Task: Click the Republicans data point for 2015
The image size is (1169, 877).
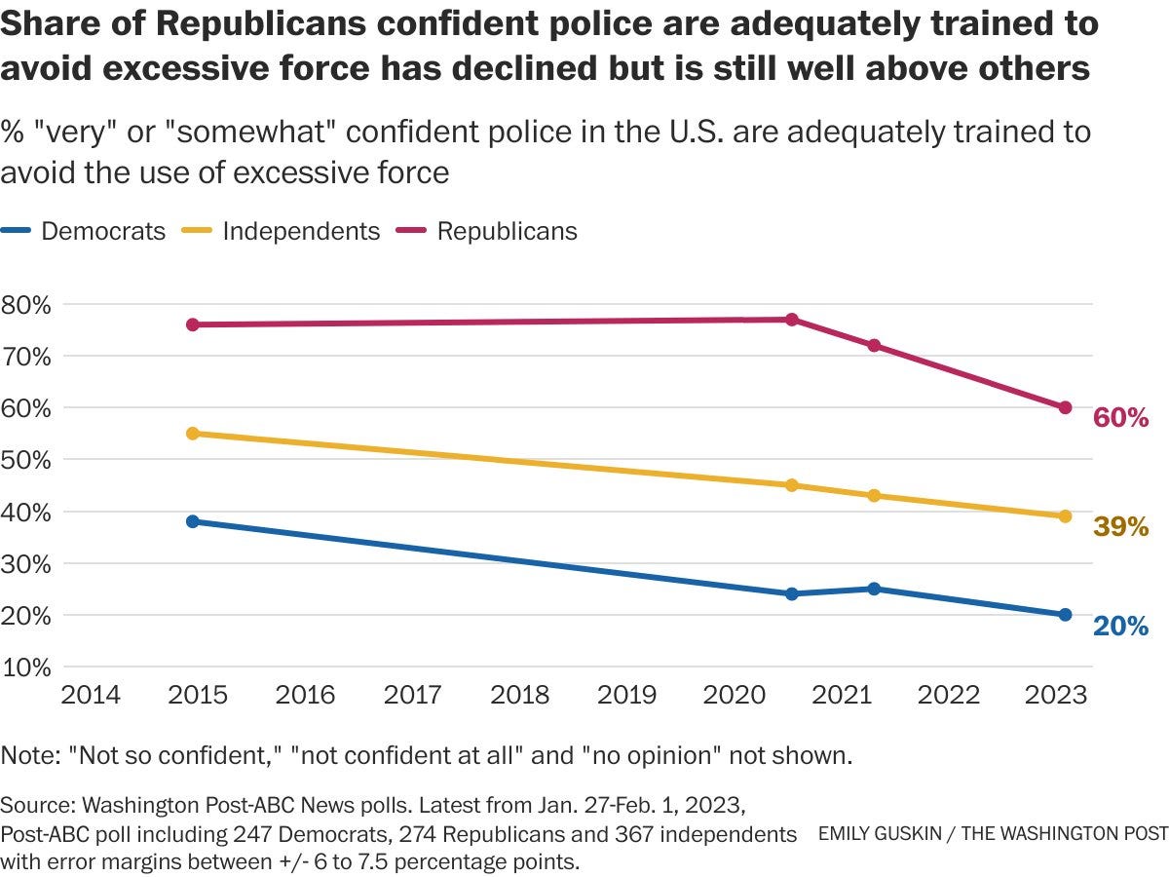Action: coord(193,324)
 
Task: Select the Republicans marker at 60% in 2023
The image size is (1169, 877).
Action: coord(1065,407)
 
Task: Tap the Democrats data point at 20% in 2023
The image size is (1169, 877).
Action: coord(1065,615)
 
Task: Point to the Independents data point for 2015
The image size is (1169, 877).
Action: coord(193,434)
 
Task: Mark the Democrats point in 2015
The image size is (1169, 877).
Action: coord(193,521)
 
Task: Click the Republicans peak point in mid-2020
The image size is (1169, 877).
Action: coord(792,320)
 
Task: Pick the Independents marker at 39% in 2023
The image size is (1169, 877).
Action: coord(1065,516)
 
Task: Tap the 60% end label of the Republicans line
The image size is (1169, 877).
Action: coord(1120,418)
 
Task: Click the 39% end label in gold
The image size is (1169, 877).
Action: coord(1120,527)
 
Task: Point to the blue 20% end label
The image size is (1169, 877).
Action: coord(1120,627)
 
